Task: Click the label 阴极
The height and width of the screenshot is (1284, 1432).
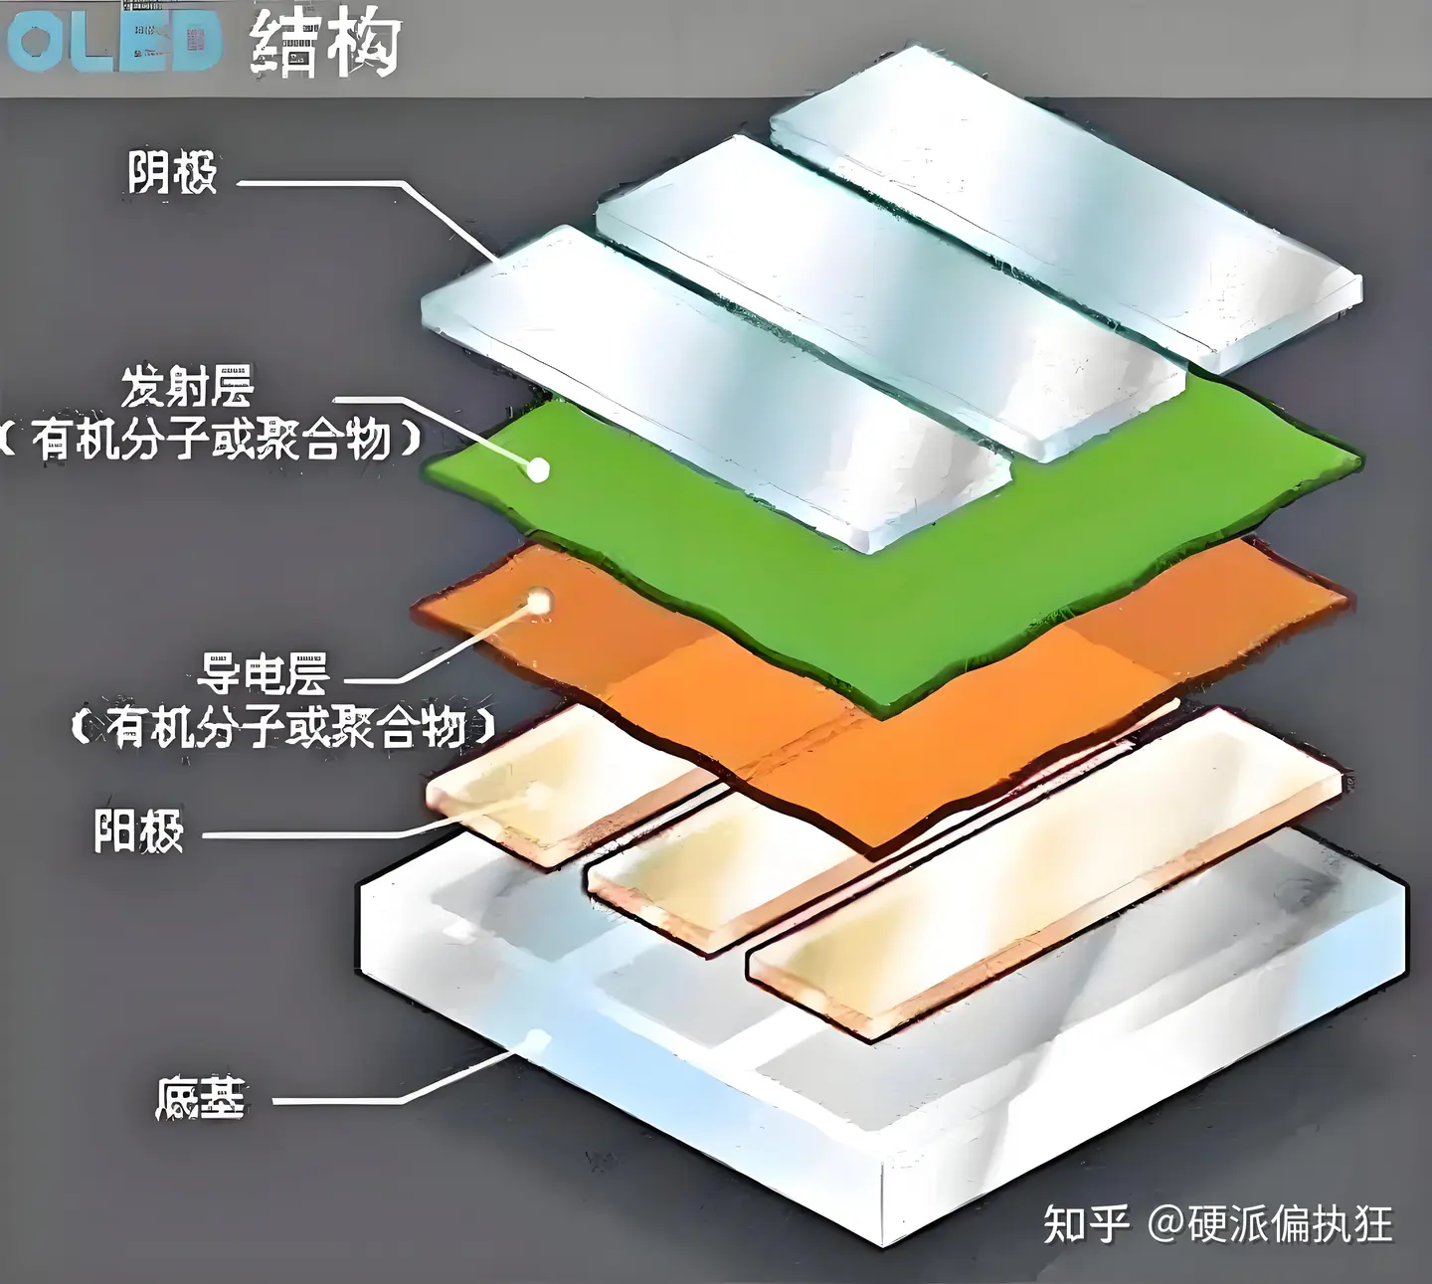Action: pyautogui.click(x=172, y=173)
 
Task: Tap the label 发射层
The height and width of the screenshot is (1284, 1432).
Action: pyautogui.click(x=187, y=387)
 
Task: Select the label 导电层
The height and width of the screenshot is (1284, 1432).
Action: pyautogui.click(x=263, y=675)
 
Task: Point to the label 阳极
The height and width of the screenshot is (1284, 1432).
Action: pyautogui.click(x=139, y=831)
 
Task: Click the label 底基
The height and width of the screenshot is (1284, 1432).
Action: pyautogui.click(x=200, y=1099)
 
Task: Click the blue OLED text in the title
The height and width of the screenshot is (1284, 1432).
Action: pyautogui.click(x=111, y=42)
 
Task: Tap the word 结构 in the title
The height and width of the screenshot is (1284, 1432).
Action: pyautogui.click(x=325, y=44)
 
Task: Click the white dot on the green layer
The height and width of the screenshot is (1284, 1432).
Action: pyautogui.click(x=538, y=469)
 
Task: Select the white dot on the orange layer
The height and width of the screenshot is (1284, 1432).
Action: pyautogui.click(x=540, y=601)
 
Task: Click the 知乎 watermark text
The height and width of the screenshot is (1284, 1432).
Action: pyautogui.click(x=1086, y=1223)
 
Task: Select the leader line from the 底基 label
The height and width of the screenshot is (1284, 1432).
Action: pyautogui.click(x=338, y=1101)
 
